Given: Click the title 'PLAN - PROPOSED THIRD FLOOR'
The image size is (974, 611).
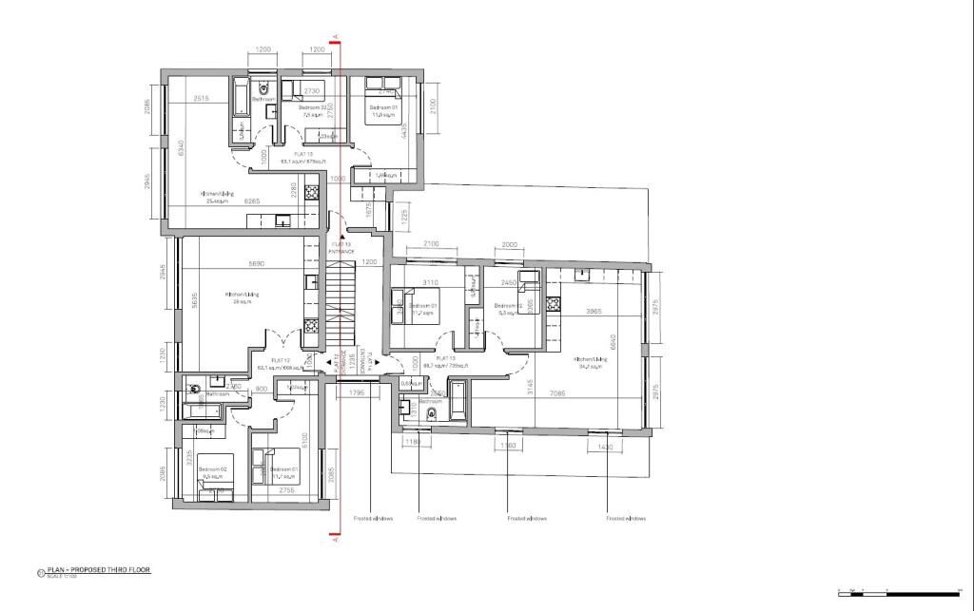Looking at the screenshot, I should [x=98, y=570].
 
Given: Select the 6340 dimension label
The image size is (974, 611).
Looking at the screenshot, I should [x=180, y=149].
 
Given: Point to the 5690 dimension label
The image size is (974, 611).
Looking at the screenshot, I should [x=256, y=263].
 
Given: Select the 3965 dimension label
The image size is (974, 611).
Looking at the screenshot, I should [x=594, y=312].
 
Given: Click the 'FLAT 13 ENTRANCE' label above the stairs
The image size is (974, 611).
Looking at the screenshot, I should [x=341, y=247].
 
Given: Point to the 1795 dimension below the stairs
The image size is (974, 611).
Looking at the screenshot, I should [x=357, y=391].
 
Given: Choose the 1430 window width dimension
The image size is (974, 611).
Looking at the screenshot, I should [x=606, y=446].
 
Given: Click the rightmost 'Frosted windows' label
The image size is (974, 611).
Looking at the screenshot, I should [x=626, y=519].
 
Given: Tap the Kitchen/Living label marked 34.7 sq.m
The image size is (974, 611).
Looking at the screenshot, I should [x=591, y=362].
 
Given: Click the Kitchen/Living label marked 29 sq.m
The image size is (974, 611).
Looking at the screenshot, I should [x=242, y=297].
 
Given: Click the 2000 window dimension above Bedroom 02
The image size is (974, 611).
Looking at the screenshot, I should [x=509, y=244].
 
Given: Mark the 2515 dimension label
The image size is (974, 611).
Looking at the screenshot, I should [x=201, y=99].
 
